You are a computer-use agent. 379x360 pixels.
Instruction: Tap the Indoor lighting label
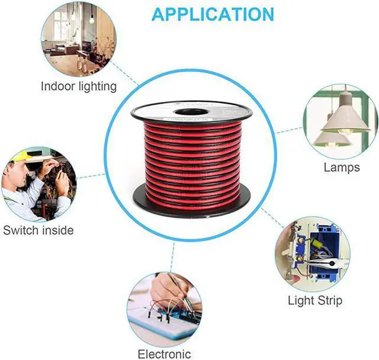click(79, 86)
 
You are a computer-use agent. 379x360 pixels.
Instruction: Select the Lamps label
click(342, 167)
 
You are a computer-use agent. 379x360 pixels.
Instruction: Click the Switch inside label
click(38, 230)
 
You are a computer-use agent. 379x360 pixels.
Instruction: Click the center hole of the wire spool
click(191, 111)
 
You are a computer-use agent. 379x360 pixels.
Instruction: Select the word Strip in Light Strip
click(330, 300)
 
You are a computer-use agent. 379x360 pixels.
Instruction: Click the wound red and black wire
click(191, 157)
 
